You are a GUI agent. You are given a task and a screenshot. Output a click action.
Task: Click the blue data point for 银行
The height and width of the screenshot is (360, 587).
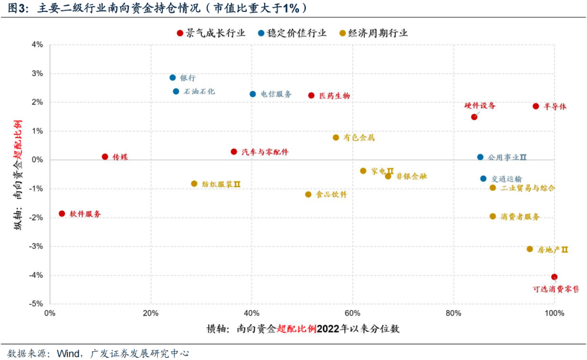point(172,78)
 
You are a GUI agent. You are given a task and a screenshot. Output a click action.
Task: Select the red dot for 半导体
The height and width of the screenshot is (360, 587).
point(535,107)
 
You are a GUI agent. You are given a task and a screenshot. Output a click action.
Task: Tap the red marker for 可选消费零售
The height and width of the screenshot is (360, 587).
point(554,277)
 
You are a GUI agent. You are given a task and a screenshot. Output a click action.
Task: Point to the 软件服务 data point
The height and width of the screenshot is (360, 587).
point(61,214)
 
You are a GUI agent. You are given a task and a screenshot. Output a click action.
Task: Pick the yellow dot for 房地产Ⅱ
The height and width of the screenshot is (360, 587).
point(529,249)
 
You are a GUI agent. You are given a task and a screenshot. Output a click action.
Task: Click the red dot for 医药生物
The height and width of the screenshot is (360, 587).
point(311,95)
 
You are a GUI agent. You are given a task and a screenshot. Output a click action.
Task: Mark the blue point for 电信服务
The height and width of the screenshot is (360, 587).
point(253,94)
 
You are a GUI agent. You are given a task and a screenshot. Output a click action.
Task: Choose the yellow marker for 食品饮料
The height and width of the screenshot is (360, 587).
point(308,194)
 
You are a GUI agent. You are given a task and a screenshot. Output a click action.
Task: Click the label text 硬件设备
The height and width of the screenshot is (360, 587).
point(479,105)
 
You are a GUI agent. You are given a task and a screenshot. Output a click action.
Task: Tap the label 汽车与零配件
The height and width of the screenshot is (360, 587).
point(265,152)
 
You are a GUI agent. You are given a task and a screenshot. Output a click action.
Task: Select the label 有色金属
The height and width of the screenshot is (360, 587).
point(359,138)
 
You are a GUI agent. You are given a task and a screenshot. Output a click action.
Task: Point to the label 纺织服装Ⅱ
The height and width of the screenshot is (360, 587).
point(221,184)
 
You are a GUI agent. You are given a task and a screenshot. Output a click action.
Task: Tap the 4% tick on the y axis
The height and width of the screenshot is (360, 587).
point(37,45)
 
